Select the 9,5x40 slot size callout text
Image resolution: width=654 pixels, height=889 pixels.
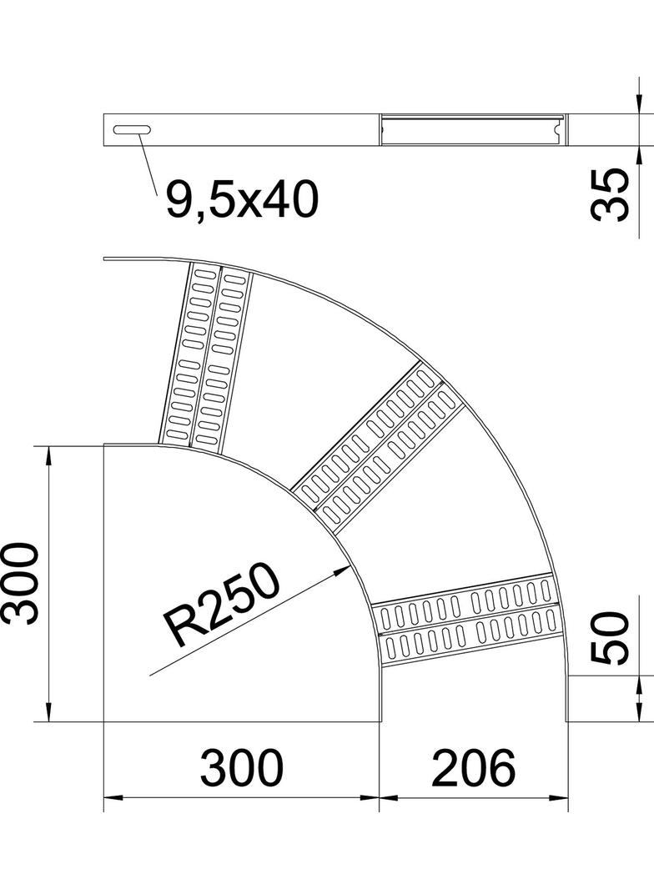coord(241,200)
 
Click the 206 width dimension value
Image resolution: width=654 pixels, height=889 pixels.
coord(473,768)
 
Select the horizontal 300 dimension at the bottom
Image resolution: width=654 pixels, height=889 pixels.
coord(242,768)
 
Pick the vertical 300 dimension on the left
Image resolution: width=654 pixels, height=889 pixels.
coord(22,583)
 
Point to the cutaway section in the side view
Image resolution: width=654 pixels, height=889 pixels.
coord(472,130)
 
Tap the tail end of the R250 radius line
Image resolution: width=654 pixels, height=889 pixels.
coord(150,674)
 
